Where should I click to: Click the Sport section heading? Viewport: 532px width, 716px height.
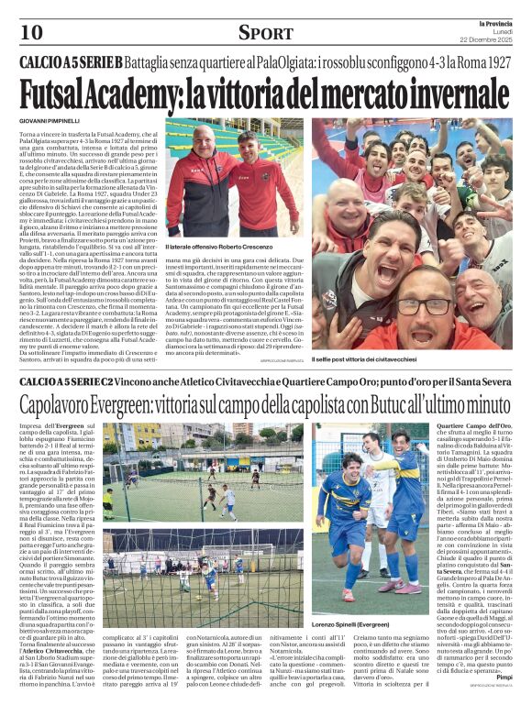click(x=267, y=33)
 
